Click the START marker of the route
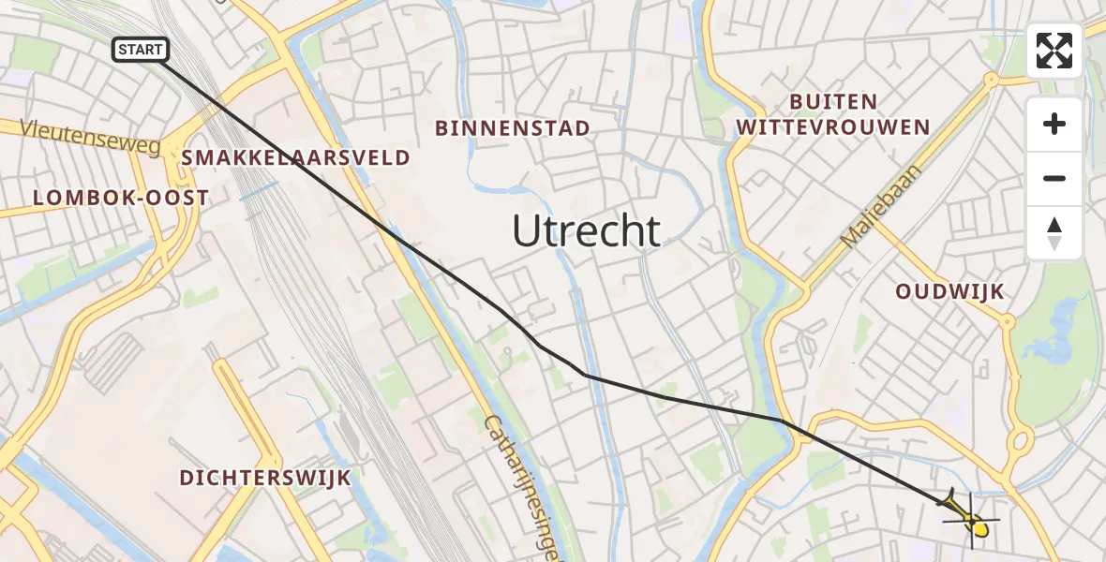pos(141,50)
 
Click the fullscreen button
pos(1054,51)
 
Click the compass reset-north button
pos(1054,233)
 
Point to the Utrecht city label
pos(587,230)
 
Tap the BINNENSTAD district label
pos(513,128)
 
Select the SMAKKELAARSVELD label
pos(296,157)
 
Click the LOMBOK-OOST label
pos(121,198)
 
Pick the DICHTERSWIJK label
pos(265,478)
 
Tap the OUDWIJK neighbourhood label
pos(949,291)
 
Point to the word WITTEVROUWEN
pos(833,127)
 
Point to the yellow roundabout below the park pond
pos(1021,440)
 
